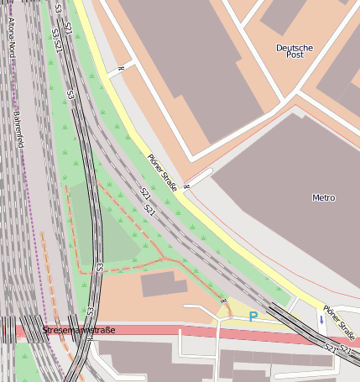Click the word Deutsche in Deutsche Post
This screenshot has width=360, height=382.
coord(294,48)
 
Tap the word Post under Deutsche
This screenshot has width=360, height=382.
coord(294,56)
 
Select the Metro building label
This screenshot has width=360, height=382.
coord(323,198)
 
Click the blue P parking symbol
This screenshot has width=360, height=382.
coord(253,317)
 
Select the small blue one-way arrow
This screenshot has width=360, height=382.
coord(321,320)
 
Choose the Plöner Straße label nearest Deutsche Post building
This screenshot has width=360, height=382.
coord(162,172)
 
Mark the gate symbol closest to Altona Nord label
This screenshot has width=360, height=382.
coord(122,67)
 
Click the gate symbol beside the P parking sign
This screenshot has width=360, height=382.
coord(224,301)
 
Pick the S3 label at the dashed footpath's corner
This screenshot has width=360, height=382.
coord(100,266)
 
